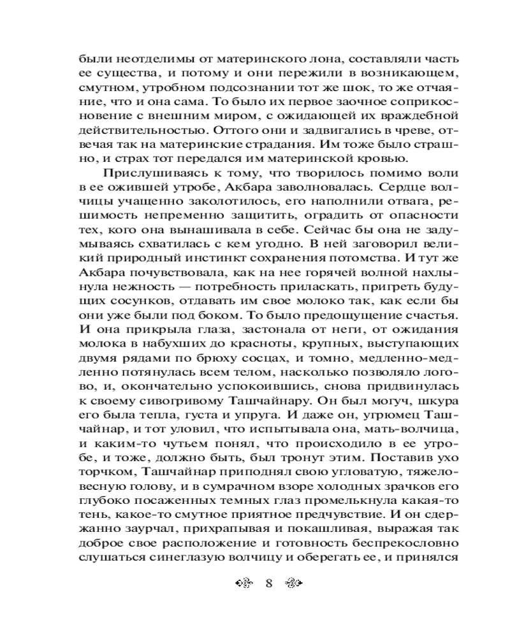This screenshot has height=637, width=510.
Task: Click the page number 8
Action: tap(268, 583)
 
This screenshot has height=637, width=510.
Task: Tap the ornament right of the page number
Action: tap(294, 583)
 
